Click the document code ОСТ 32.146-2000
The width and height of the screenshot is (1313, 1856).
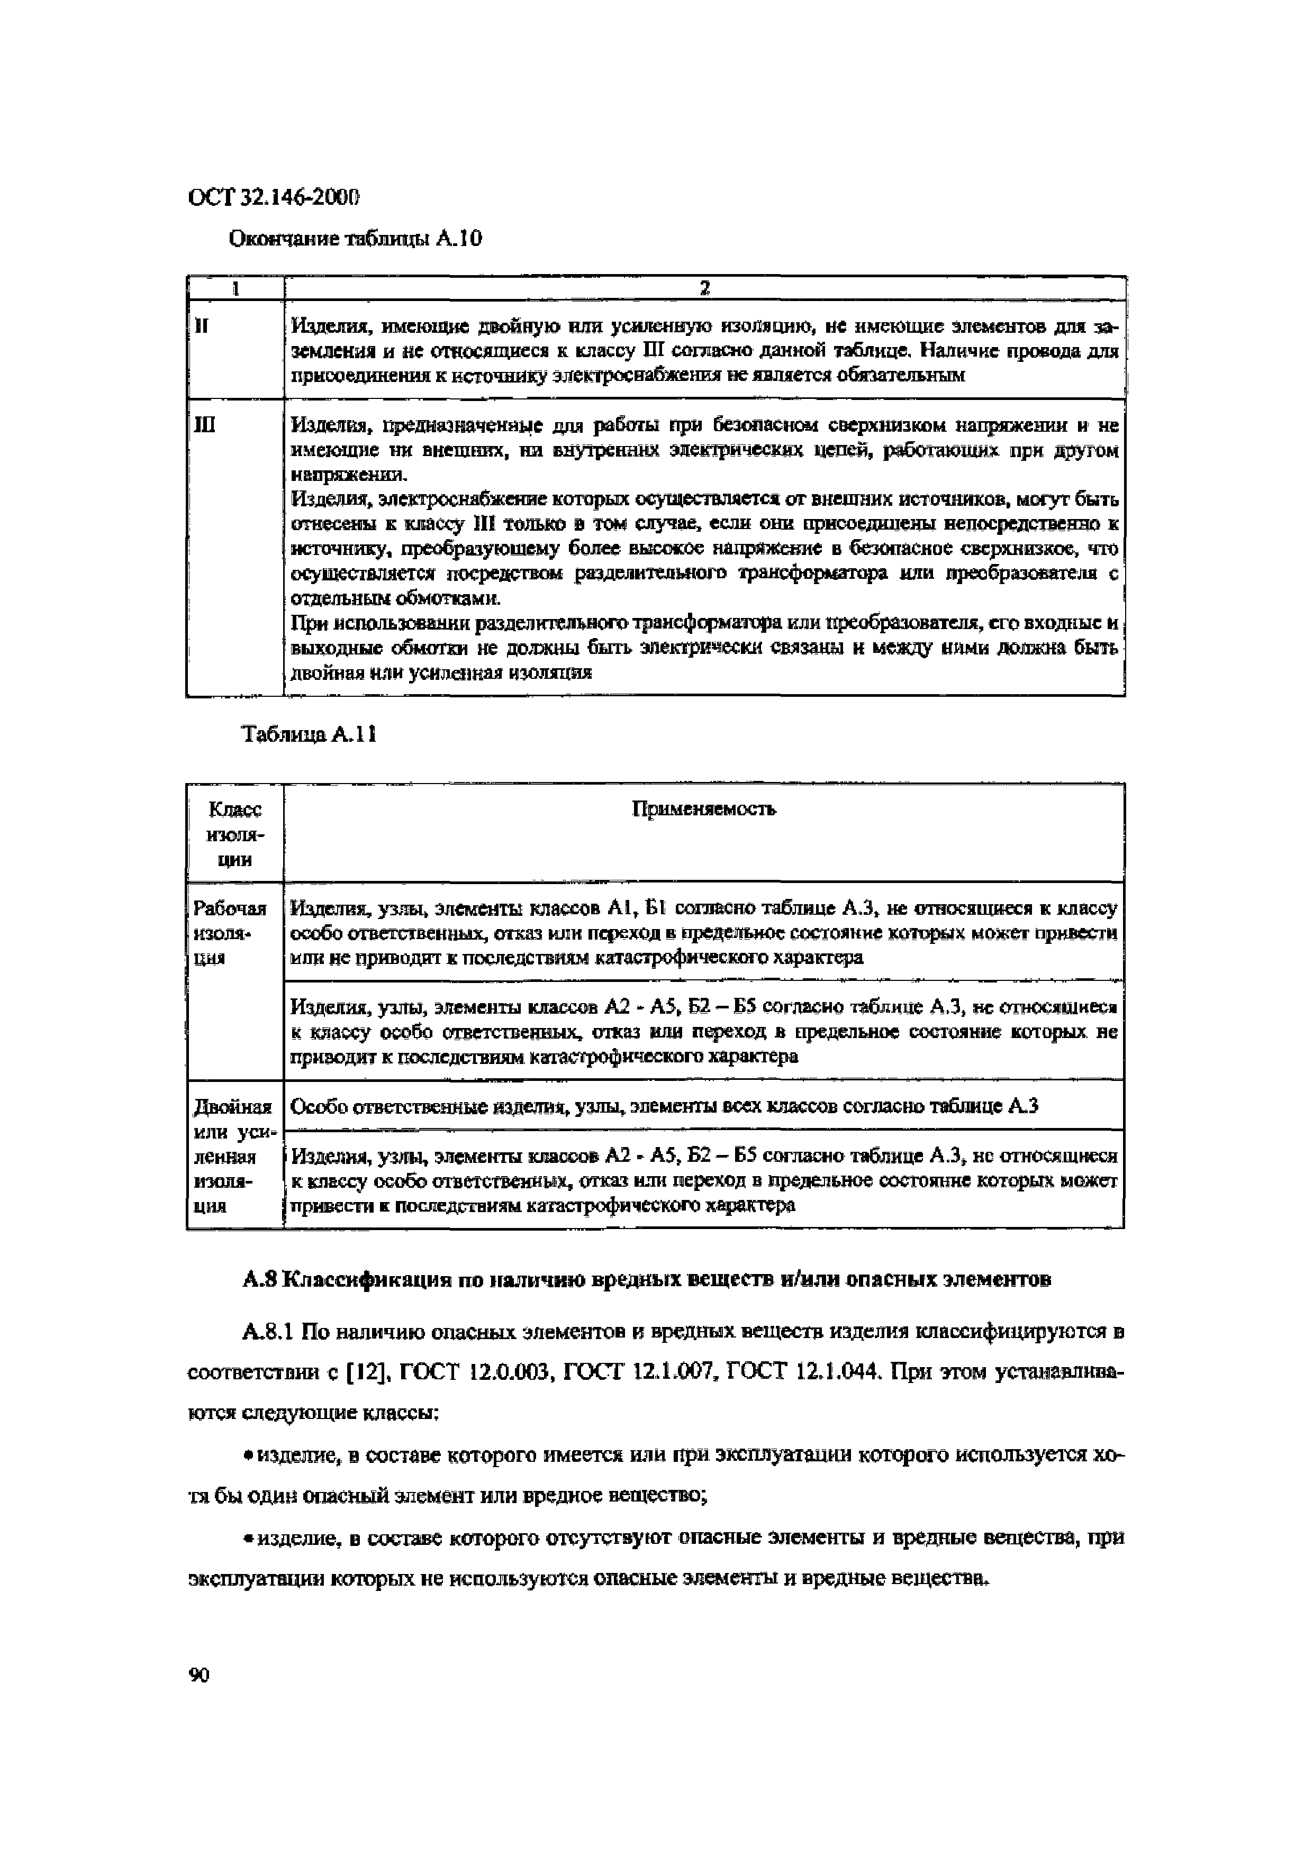click(x=273, y=197)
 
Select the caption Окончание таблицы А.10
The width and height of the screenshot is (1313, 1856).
click(x=356, y=239)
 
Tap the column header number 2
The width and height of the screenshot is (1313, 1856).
click(x=704, y=288)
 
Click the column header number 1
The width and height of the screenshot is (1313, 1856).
click(x=236, y=288)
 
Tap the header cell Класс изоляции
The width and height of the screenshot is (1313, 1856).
click(x=234, y=834)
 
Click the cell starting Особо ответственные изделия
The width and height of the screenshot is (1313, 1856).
click(x=663, y=1106)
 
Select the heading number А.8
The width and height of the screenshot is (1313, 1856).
click(x=260, y=1280)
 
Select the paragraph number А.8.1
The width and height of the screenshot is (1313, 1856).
click(x=269, y=1331)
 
